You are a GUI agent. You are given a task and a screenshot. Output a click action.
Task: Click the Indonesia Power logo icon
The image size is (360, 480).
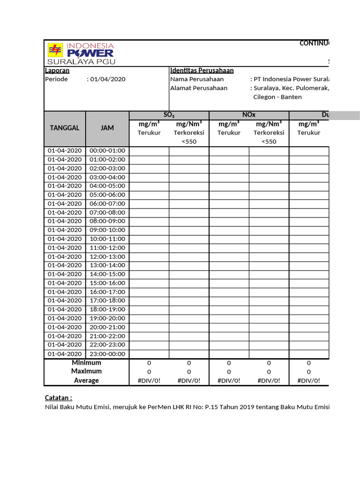coord(55,50)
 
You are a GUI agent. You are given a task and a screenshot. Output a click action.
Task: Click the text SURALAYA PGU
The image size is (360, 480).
coord(81,61)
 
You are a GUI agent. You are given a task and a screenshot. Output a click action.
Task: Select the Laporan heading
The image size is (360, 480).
coord(57,70)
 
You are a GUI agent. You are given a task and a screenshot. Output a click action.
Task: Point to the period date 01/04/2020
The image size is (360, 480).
coord(108,79)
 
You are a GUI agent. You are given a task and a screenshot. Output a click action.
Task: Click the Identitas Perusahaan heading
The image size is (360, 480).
coord(202,70)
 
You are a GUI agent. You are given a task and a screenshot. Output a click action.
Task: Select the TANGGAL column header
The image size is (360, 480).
coord(65,128)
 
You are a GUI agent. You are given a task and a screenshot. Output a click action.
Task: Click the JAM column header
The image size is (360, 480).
coord(107,128)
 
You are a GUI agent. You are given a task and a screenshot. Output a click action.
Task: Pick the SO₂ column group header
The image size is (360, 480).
coord(169,115)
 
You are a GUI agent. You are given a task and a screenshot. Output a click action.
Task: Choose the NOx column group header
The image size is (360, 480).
coord(248,115)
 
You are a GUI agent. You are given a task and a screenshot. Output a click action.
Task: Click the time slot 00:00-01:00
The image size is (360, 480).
coord(107,150)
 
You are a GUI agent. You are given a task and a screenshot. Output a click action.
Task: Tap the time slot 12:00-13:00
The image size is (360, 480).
coord(107,256)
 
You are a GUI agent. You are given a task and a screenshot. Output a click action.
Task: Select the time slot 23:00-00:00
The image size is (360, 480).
coord(107,354)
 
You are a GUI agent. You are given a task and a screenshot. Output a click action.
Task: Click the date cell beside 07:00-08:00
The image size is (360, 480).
coord(65,212)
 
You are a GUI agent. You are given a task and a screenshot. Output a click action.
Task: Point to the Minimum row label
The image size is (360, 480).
coord(86,363)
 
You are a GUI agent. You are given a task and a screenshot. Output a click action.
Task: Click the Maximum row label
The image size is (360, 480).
coord(86,371)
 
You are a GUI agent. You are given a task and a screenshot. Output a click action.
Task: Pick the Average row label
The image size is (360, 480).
coord(86,381)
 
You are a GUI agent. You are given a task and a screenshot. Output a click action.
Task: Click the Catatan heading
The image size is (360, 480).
coord(59,397)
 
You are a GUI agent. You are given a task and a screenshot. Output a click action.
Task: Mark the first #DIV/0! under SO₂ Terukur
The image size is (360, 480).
coord(149,381)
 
